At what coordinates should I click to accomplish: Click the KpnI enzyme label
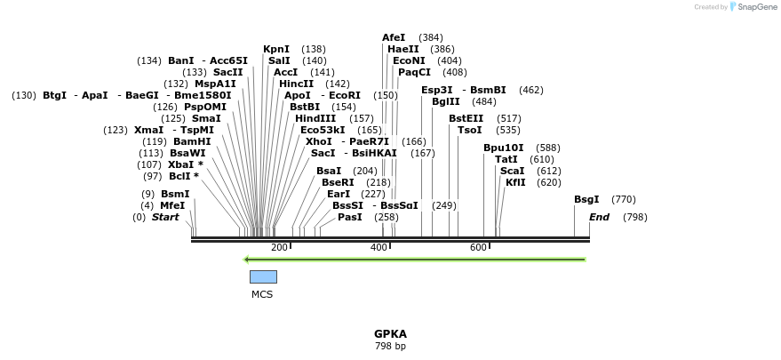click(275, 49)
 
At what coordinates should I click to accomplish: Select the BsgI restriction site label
click(586, 199)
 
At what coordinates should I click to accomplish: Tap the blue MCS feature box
click(263, 276)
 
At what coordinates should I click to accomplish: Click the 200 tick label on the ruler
click(279, 247)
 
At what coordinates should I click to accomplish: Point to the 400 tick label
click(379, 247)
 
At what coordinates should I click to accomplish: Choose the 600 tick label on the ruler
click(477, 247)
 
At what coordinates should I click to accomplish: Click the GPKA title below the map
click(390, 334)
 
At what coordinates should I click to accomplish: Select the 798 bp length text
click(390, 346)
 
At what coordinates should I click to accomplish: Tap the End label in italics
click(599, 217)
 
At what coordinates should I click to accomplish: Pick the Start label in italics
click(165, 217)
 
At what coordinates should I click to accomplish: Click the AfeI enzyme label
click(394, 37)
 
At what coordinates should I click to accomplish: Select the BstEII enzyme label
click(466, 118)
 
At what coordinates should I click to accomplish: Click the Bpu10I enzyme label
click(503, 148)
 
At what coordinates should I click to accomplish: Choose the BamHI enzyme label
click(192, 141)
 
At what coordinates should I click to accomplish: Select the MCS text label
click(262, 294)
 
